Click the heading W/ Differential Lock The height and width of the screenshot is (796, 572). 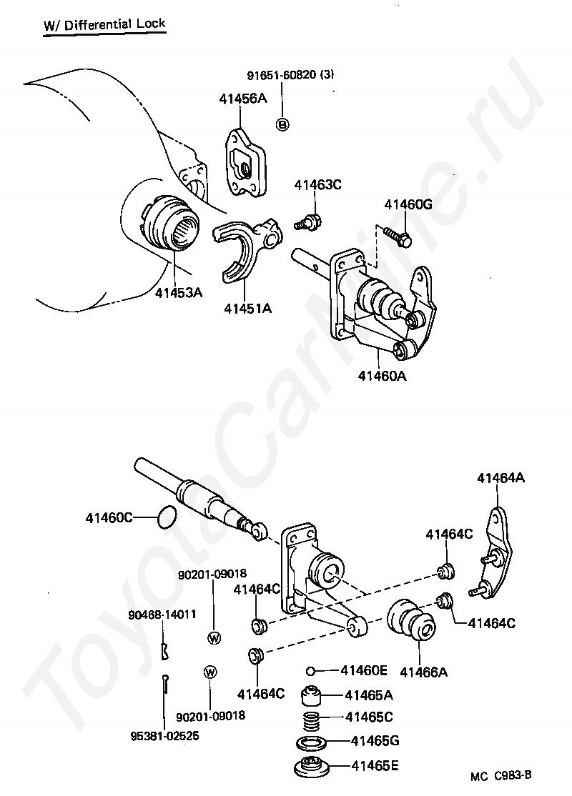[104, 24]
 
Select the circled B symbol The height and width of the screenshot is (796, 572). [282, 125]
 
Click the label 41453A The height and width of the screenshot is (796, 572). [179, 292]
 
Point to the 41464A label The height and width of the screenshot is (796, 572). [500, 478]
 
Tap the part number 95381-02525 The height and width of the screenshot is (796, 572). [164, 734]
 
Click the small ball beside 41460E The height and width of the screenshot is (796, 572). [311, 670]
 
